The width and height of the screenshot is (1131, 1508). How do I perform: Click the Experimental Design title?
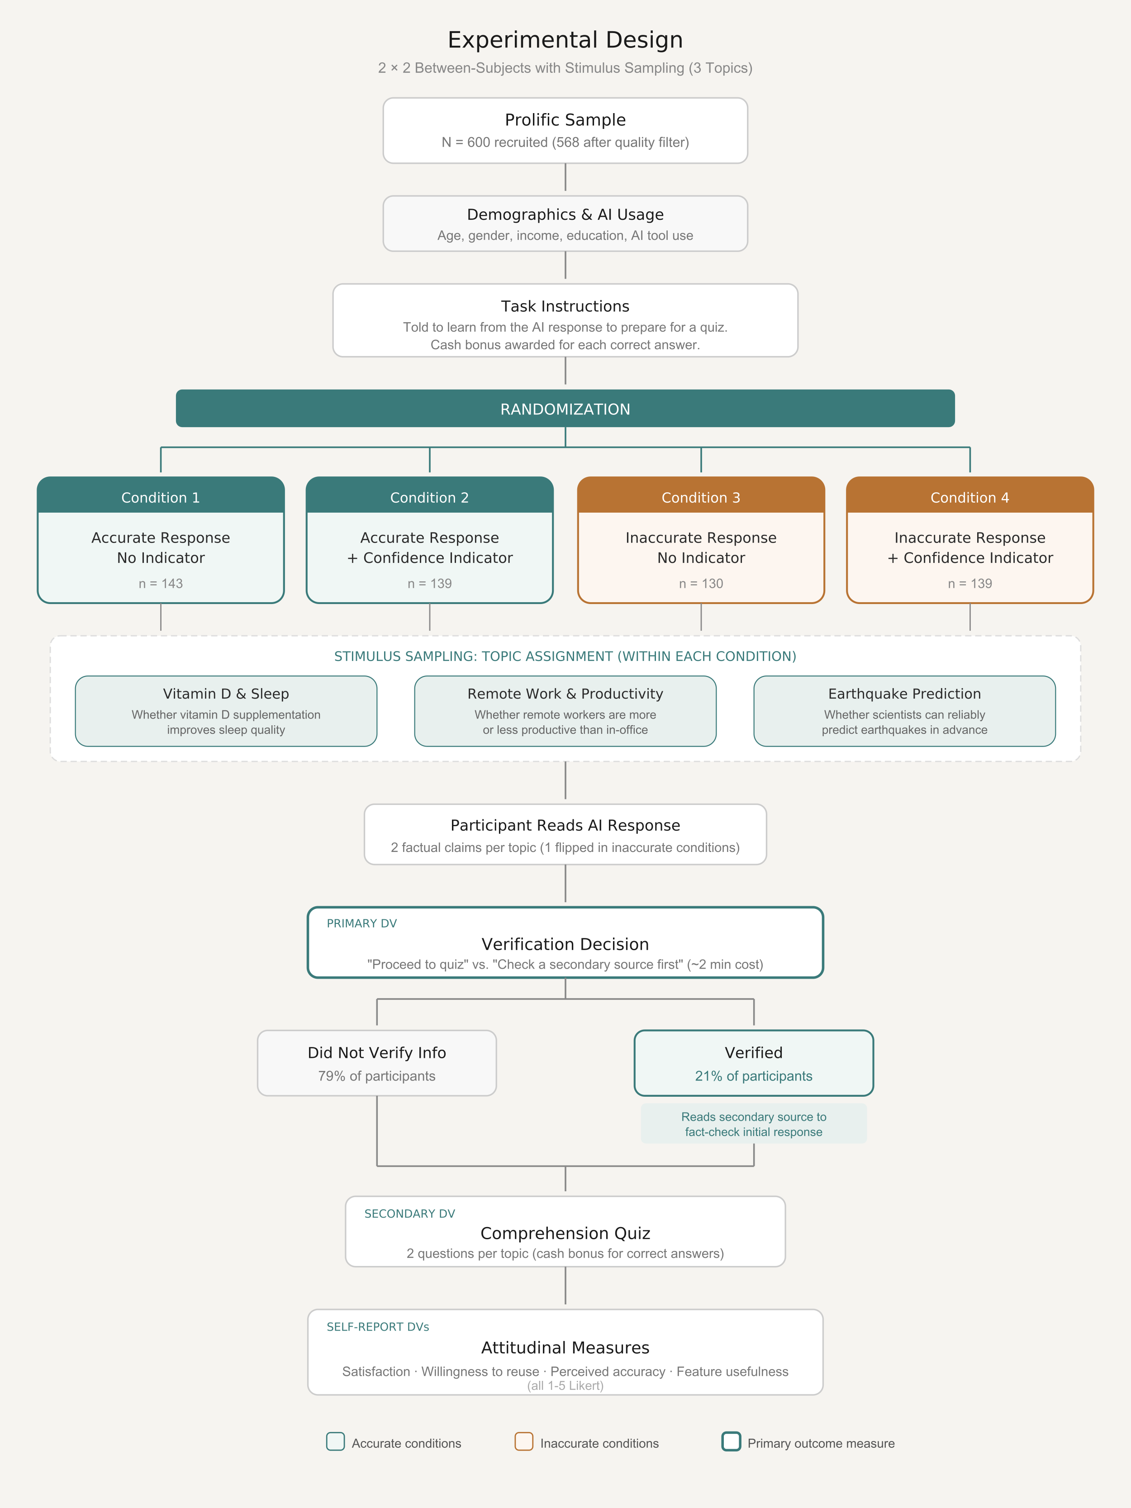tap(565, 39)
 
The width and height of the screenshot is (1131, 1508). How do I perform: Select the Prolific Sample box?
tap(565, 130)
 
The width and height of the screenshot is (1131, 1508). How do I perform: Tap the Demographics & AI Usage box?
tap(565, 224)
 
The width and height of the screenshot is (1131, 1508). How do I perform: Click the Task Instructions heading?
tap(565, 306)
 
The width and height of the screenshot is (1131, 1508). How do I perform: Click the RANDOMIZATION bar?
tap(565, 409)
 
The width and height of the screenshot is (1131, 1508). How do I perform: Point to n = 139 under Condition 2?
tap(429, 584)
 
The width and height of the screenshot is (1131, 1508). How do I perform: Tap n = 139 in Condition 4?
tap(969, 584)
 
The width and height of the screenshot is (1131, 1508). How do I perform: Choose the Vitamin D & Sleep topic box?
tap(226, 711)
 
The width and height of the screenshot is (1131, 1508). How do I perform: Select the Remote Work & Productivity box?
tap(565, 711)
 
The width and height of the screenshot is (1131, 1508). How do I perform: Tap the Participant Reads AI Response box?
tap(565, 834)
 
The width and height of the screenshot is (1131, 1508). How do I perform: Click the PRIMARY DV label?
tap(361, 923)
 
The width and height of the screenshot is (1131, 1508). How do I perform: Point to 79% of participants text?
tap(376, 1076)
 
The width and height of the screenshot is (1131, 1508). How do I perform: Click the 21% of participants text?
tap(753, 1076)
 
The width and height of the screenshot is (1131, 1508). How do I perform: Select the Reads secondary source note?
tap(753, 1124)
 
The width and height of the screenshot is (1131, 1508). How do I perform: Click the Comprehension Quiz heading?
tap(565, 1233)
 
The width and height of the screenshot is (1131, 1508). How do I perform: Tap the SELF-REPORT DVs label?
tap(378, 1327)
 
